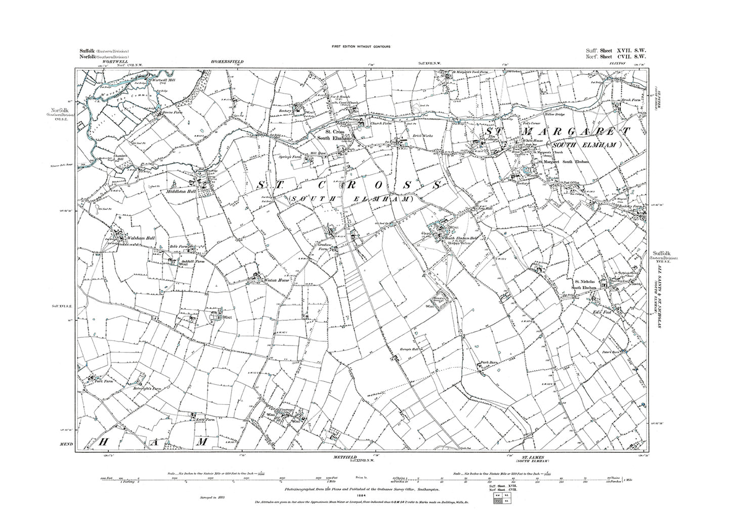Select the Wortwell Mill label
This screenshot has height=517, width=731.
point(160,79)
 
